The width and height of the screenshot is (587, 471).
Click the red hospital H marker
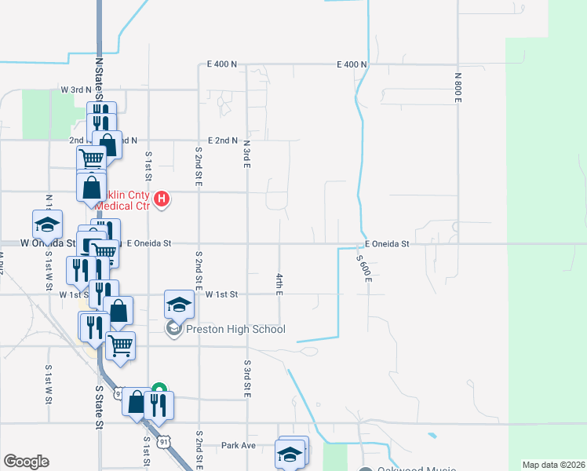coord(161,199)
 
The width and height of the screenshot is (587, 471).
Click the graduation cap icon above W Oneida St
coord(47,225)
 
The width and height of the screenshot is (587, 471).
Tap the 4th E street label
coord(279,284)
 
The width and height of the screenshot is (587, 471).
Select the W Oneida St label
coord(48,243)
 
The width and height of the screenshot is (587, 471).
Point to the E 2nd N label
coord(222,141)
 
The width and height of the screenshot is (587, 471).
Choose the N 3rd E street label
coord(246,155)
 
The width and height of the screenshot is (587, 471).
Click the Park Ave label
coord(239,445)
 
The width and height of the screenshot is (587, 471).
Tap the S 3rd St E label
coord(246,378)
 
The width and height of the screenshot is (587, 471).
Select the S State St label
coord(100,407)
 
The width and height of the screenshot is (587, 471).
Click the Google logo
coord(26,462)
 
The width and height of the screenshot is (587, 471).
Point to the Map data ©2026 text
coord(552,465)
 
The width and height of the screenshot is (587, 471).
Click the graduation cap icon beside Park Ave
coord(290,454)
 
